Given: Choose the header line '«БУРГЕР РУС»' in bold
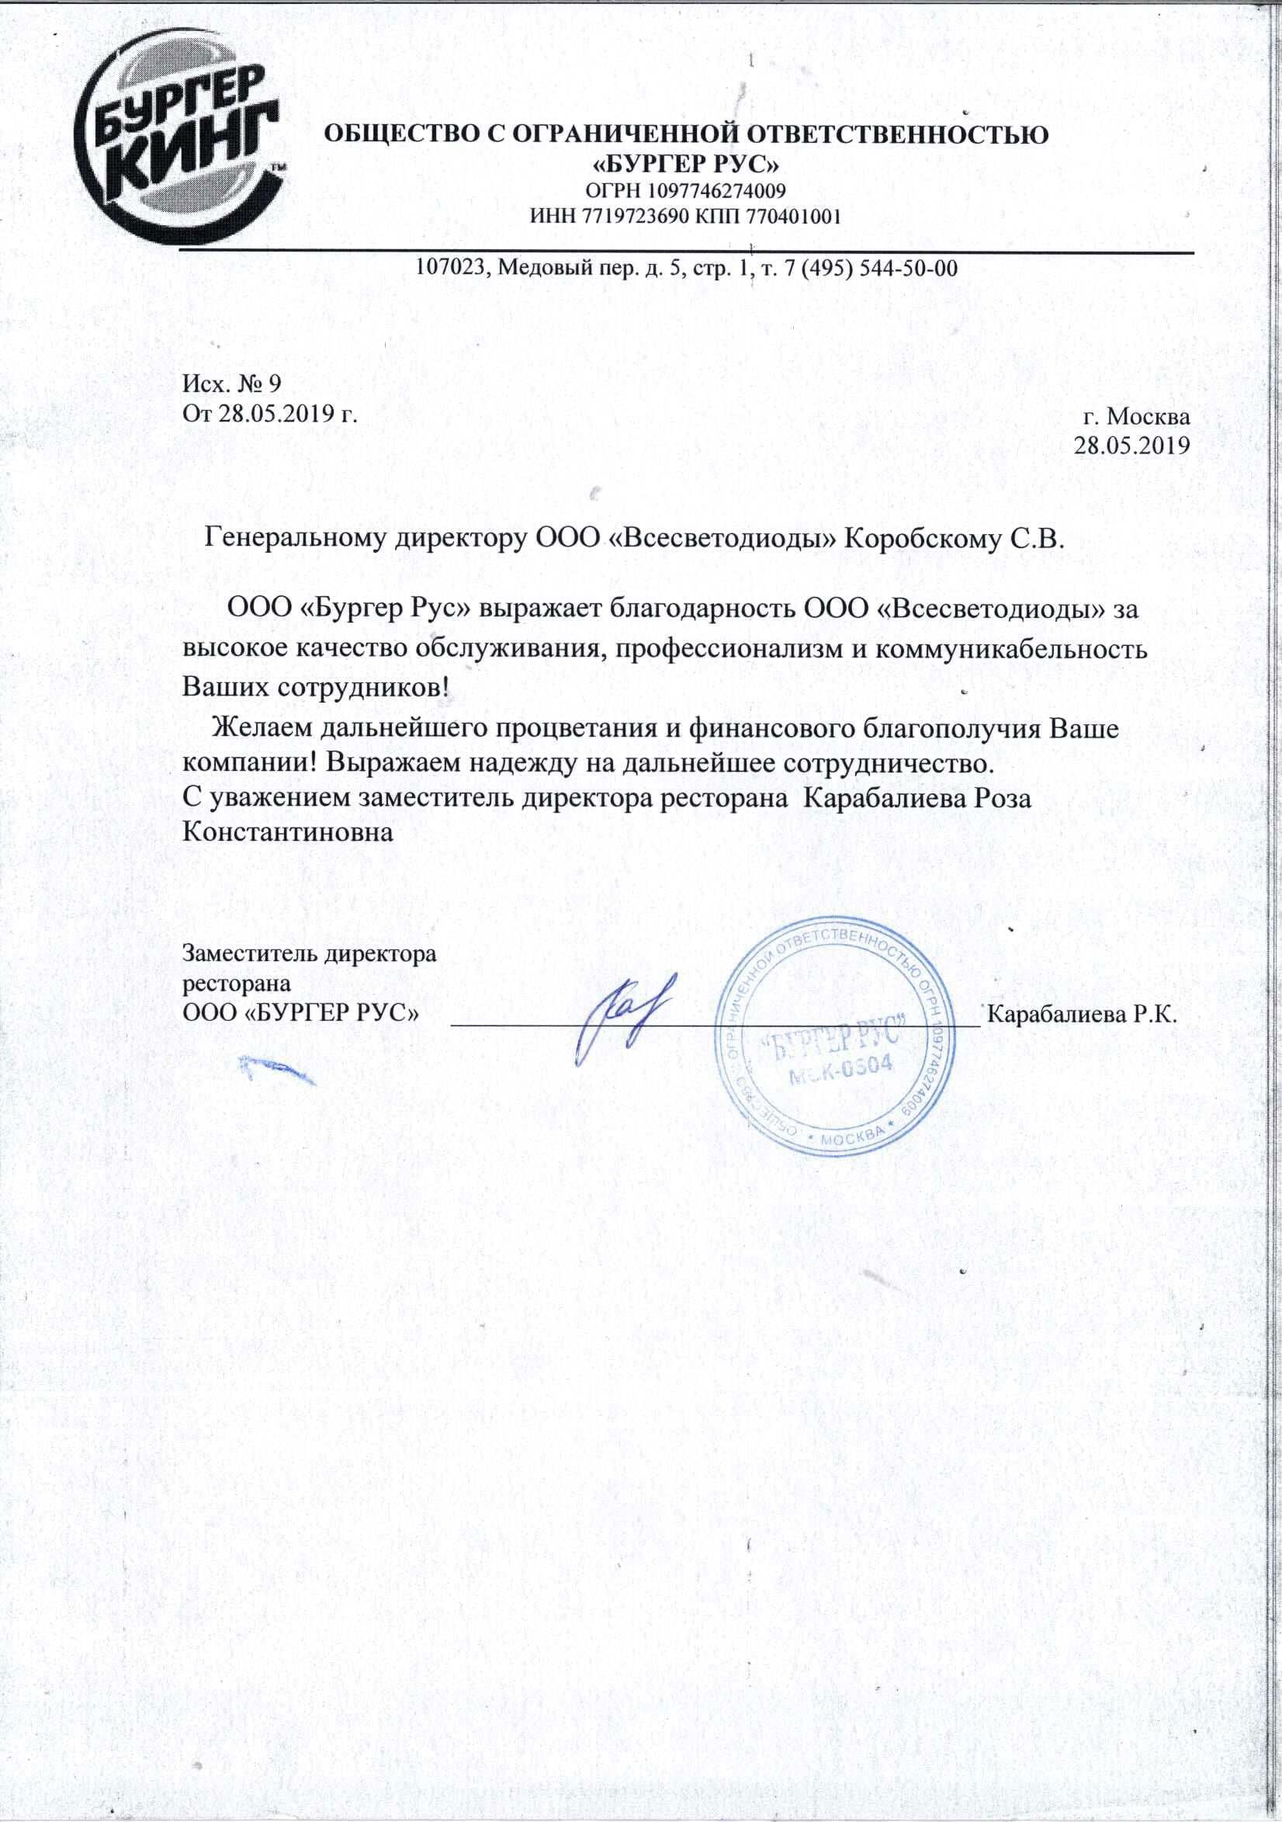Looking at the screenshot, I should (686, 165).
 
